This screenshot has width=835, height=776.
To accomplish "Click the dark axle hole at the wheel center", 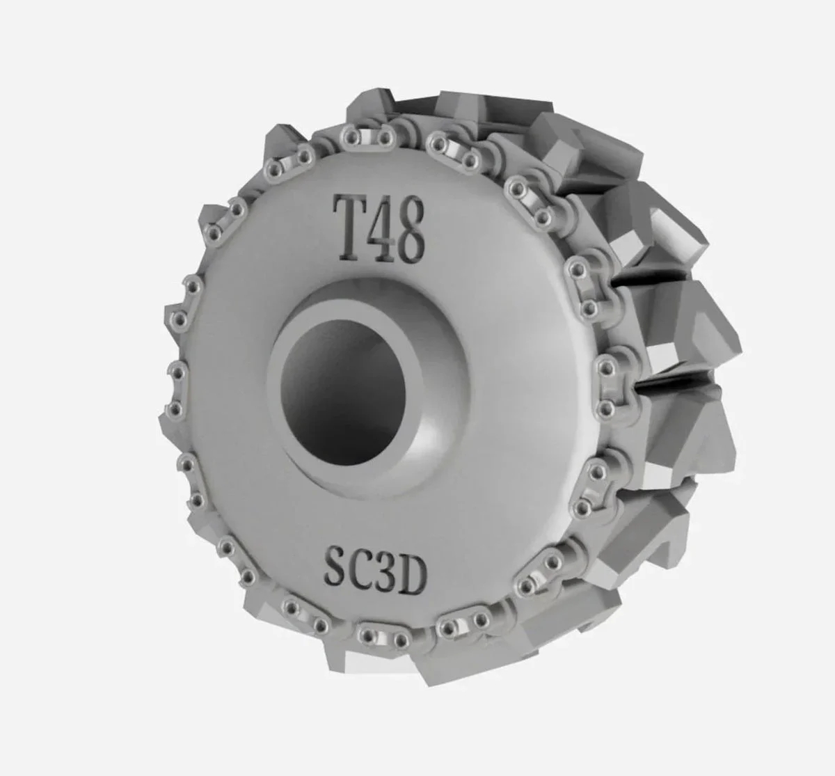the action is (344, 392).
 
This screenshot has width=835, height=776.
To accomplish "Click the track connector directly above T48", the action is (367, 136).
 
